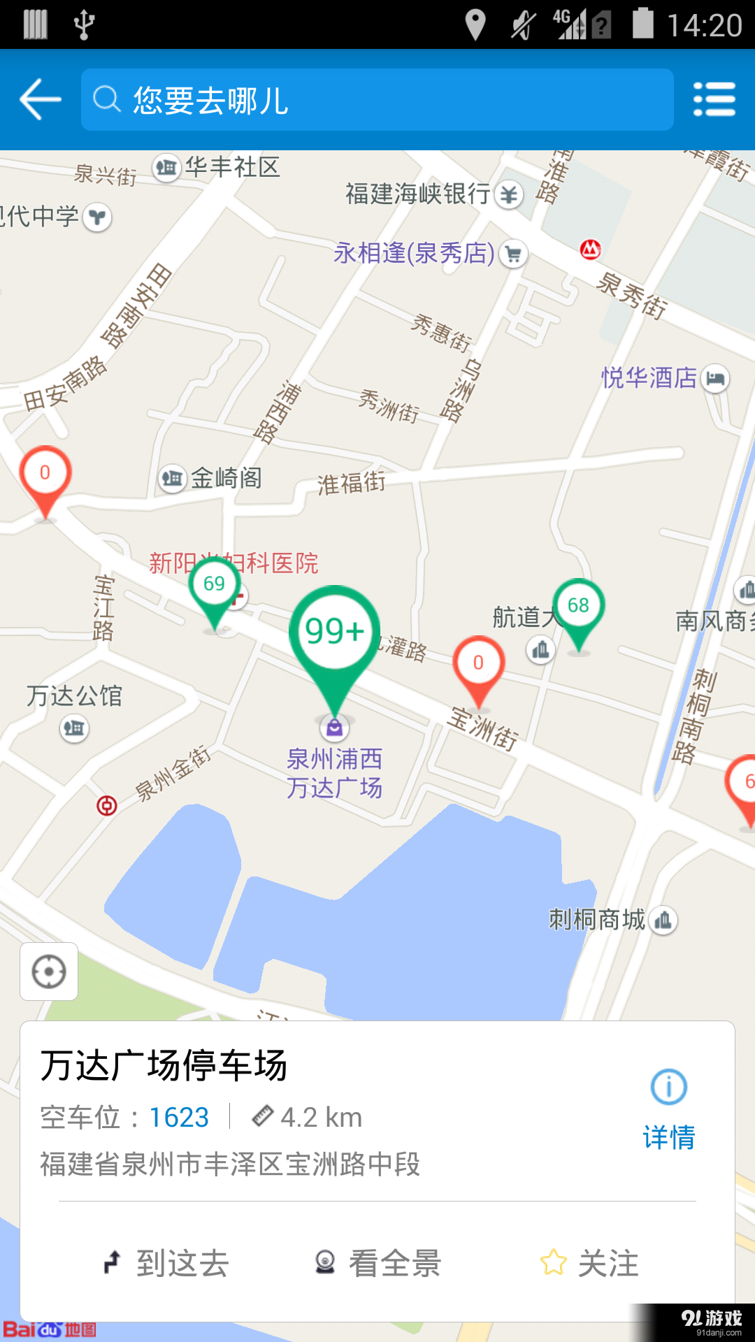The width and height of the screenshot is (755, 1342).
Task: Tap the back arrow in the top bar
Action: tap(41, 99)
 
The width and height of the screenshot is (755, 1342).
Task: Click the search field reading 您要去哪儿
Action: tap(377, 99)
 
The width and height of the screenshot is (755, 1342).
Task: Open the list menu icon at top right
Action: tap(714, 99)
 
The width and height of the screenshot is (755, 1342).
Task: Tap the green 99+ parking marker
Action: tap(335, 633)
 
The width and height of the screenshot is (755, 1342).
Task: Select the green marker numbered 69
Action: tap(215, 585)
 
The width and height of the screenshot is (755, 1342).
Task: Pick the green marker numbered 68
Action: tap(578, 606)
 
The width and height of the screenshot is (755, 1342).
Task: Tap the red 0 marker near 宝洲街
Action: tap(478, 663)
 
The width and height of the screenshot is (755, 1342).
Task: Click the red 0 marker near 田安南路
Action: tap(45, 474)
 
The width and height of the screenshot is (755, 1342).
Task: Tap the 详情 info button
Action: tap(669, 1109)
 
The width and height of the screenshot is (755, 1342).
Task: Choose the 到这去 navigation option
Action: tap(168, 1263)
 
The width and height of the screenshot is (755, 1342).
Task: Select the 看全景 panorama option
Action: tap(378, 1263)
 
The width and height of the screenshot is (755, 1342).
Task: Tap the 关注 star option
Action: tap(590, 1263)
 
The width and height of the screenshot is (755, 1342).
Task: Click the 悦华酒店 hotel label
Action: tap(649, 378)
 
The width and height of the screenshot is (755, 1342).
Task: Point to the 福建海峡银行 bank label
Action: tap(418, 194)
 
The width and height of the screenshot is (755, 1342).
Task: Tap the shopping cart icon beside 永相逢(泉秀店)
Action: tap(514, 254)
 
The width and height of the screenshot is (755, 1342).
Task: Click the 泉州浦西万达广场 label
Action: tap(335, 773)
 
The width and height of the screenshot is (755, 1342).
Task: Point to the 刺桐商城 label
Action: tap(597, 920)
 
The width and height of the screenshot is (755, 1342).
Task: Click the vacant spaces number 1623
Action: tap(179, 1118)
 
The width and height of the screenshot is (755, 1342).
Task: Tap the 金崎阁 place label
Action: tap(226, 479)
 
